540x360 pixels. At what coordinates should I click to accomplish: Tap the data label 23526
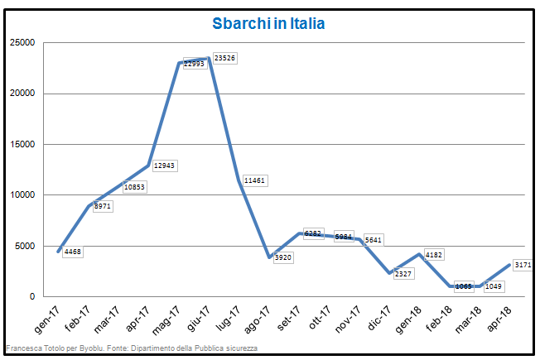pyautogui.click(x=224, y=58)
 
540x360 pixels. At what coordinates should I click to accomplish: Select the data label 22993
pyautogui.click(x=194, y=64)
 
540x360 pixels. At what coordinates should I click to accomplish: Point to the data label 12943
pyautogui.click(x=165, y=166)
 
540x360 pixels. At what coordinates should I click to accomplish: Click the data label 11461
pyautogui.click(x=254, y=180)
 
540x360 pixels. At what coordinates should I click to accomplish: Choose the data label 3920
pyautogui.click(x=283, y=257)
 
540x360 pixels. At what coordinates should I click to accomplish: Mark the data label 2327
pyautogui.click(x=404, y=273)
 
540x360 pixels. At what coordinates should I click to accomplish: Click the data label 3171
pyautogui.click(x=523, y=265)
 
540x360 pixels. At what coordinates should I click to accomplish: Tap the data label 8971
pyautogui.click(x=103, y=206)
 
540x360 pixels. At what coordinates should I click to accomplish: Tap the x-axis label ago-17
pyautogui.click(x=263, y=317)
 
